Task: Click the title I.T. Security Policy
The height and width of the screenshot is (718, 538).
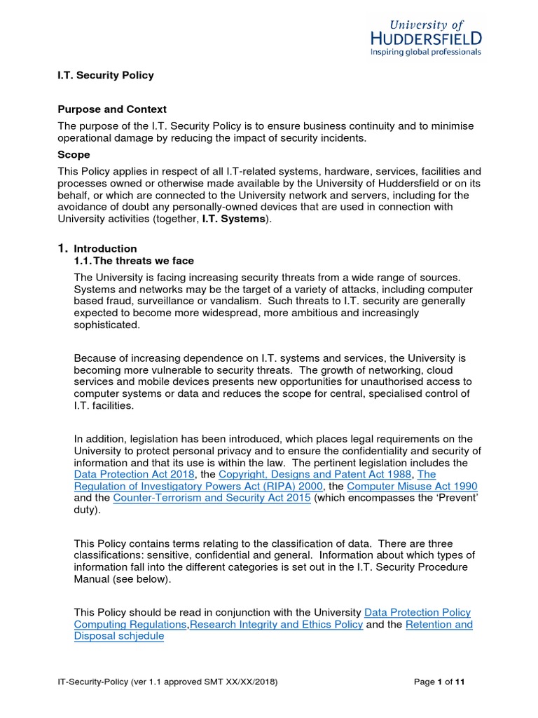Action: [x=105, y=75]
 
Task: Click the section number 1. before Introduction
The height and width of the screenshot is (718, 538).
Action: [x=62, y=248]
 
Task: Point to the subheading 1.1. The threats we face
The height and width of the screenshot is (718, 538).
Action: [x=134, y=261]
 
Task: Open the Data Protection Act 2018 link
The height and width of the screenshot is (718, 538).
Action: [x=134, y=475]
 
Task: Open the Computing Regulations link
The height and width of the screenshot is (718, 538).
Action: [x=130, y=625]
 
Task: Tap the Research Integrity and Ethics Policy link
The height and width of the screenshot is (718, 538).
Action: [x=276, y=625]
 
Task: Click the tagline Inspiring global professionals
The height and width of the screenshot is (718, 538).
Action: [x=426, y=51]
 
